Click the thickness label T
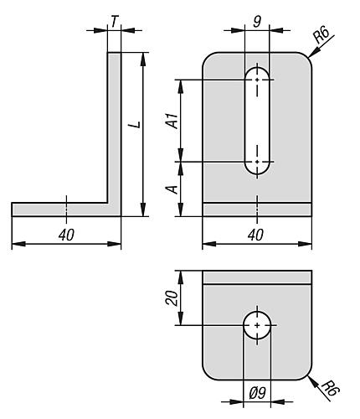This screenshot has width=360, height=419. point(114,22)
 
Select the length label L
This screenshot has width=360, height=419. point(135,124)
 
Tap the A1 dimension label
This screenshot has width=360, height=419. point(172,121)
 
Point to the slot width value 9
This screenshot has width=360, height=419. point(257,22)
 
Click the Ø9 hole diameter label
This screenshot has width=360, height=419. point(257,393)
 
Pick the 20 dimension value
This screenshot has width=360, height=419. point(172,297)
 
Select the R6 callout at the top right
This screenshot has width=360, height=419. point(321,34)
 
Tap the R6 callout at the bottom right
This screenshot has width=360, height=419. point(329,388)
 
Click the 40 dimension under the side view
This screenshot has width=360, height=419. point(66,235)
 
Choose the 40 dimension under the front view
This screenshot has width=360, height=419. point(255,235)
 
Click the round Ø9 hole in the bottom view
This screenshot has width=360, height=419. point(257,325)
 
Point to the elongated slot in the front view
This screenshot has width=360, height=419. point(257,121)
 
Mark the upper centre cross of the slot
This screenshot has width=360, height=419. point(257,80)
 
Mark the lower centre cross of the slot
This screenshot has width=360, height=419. point(257,162)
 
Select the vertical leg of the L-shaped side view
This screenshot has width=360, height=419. point(115,134)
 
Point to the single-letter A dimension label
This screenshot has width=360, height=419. point(172,189)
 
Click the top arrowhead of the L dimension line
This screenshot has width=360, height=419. point(143,59)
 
